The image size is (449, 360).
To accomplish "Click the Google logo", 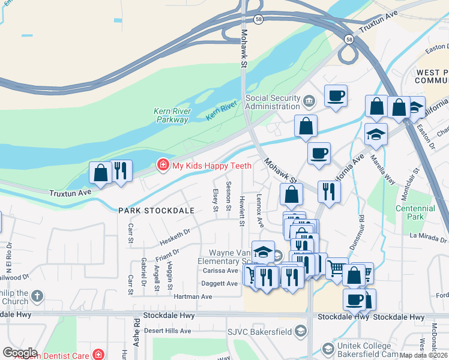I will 19,353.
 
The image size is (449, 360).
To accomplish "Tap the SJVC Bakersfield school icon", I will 301,332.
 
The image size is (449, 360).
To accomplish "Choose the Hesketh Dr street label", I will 175,236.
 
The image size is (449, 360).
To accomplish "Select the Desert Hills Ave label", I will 170,331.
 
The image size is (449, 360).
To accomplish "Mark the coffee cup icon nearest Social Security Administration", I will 336,96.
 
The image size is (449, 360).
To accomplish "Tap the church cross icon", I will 37,296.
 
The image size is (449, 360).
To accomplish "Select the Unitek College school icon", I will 328,349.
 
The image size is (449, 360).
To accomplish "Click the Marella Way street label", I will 382,170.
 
